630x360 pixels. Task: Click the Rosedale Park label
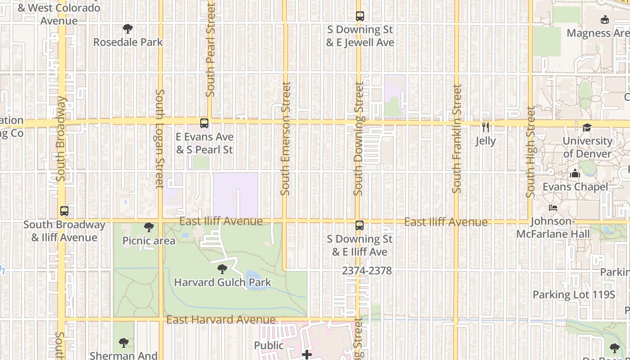pos(128,42)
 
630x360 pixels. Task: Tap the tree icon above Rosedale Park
pos(128,29)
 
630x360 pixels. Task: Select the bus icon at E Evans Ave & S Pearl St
pos(204,123)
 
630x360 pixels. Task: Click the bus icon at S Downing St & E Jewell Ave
pos(360,16)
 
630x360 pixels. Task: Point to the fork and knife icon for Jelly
pos(486,127)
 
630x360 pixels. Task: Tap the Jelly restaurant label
pos(486,141)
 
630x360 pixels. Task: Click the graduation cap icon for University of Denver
pos(587,128)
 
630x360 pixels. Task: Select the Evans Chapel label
pos(575,187)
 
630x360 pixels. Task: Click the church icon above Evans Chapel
pos(575,174)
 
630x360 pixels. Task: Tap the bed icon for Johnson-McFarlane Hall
pos(553,208)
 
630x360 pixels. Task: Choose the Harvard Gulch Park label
pos(222,283)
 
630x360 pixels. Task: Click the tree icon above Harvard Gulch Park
pos(222,270)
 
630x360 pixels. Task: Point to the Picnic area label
pos(149,241)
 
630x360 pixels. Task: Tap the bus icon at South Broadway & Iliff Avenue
pos(64,211)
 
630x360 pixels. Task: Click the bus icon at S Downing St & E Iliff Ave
pos(359,225)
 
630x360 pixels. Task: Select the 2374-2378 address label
pos(367,271)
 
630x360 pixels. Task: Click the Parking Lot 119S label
pos(574,295)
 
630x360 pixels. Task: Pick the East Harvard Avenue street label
pos(221,320)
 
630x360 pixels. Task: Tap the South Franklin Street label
pos(457,139)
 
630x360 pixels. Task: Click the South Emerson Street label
pos(285,139)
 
